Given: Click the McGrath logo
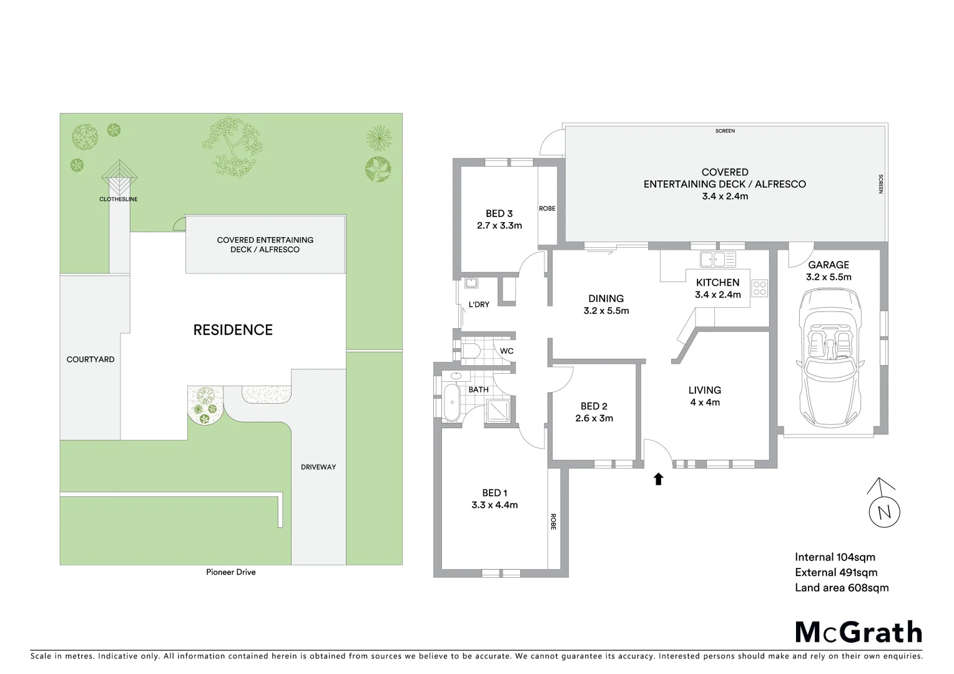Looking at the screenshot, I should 858,632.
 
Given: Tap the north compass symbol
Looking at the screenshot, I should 884,511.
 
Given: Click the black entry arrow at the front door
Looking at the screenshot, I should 658,479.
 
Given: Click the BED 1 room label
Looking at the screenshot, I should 494,493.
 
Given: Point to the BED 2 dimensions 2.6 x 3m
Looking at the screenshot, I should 594,418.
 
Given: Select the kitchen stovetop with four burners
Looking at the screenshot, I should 759,288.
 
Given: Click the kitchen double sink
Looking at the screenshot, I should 717,259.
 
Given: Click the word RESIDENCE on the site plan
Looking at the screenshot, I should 233,330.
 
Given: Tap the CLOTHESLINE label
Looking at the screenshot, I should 119,199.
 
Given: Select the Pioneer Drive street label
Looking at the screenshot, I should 231,572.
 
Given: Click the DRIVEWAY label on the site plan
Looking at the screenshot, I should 318,467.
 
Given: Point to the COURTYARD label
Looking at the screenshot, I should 91,359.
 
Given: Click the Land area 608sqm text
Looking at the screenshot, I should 841,587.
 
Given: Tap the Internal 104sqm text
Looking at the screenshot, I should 835,557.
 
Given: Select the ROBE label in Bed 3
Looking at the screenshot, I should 547,208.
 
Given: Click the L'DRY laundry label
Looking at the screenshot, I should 479,305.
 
